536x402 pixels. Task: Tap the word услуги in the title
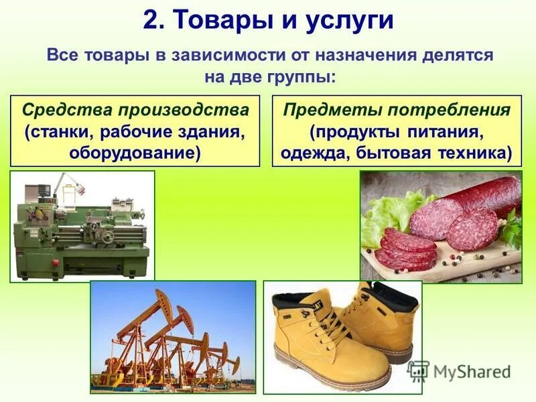coord(351,21)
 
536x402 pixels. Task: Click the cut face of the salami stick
coord(436,218)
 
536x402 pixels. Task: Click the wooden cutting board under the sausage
coord(469,258)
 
